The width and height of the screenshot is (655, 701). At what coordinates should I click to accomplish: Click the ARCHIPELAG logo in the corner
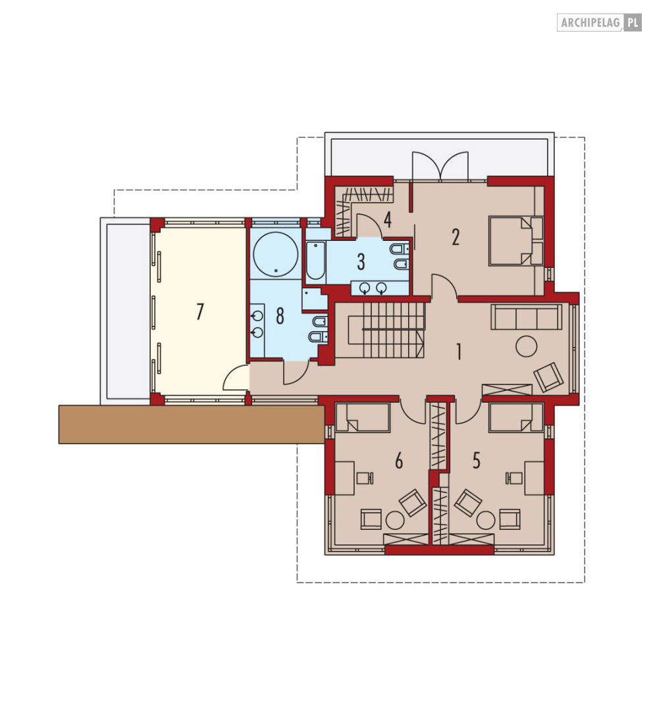pos(599,22)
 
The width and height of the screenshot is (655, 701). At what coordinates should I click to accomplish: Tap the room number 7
pos(200,311)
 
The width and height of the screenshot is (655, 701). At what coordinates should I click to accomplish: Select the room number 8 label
pos(280,316)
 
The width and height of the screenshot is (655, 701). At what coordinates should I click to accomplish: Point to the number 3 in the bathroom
pos(361,262)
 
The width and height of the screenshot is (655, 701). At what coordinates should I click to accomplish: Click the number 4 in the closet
pos(388,219)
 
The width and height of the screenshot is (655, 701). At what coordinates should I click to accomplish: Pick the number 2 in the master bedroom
pos(456,237)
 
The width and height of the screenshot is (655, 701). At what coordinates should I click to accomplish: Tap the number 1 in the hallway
pos(458,352)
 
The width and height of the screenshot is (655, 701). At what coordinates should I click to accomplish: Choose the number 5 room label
pos(477,461)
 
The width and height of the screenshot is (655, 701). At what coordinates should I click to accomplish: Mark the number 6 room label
pos(399,461)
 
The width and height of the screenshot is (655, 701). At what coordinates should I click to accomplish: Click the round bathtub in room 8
pos(275,254)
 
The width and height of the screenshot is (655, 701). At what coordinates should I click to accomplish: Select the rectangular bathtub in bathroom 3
pos(316,260)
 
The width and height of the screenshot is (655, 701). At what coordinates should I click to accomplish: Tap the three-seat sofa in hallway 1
pos(526,317)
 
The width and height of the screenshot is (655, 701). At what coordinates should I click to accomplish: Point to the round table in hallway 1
pos(526,346)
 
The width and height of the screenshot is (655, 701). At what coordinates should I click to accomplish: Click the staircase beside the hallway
pos(380,330)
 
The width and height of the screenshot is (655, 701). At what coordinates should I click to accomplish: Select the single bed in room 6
pos(363,417)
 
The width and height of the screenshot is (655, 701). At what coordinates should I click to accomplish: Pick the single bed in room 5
pos(516,417)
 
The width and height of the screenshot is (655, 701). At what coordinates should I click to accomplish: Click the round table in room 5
pos(486,521)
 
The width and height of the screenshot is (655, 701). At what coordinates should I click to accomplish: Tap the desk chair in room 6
pos(365,478)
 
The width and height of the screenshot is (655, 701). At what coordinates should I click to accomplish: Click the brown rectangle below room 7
pos(192,425)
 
